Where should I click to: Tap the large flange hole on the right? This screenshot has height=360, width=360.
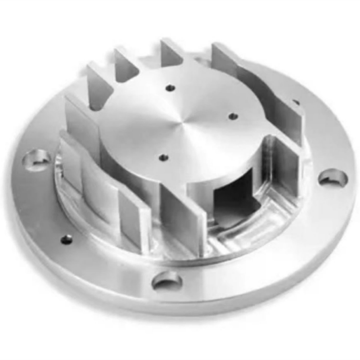coord(333,177)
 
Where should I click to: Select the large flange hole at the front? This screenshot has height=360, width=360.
coord(166,282)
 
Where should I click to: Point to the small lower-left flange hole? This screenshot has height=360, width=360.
coord(67,239)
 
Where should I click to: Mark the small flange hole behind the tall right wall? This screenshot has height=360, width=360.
coord(296,103)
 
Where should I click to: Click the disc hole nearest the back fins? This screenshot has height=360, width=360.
coord(170,88)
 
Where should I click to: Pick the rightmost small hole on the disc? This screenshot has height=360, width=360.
coord(233,117)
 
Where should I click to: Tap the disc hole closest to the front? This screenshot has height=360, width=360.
coord(164,157)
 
